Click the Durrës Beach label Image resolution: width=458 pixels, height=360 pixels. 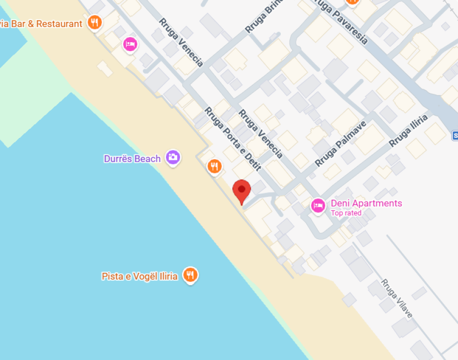(132, 158)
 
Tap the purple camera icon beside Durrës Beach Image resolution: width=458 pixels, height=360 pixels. (173, 157)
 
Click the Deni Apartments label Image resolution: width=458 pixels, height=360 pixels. (366, 203)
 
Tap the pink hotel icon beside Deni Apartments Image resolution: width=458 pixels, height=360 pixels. (318, 205)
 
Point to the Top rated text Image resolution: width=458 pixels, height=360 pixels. (346, 213)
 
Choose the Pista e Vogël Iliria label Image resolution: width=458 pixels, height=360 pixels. (140, 276)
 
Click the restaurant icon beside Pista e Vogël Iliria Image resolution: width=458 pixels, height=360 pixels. (190, 275)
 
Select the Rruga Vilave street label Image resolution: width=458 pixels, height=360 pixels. (397, 299)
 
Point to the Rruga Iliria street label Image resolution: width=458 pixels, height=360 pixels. (409, 130)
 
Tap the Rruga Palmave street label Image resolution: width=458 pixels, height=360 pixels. (340, 143)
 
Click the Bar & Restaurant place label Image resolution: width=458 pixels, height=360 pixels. (41, 23)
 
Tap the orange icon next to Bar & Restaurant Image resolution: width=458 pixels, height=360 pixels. (95, 22)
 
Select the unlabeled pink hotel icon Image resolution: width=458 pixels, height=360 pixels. (130, 45)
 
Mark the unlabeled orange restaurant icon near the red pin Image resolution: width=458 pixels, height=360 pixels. (214, 166)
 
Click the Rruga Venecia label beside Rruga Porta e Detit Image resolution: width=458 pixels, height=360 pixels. (260, 134)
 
